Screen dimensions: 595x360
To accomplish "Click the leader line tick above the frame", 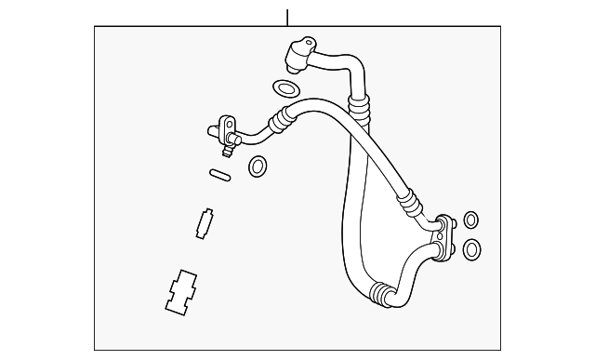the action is [x=287, y=17].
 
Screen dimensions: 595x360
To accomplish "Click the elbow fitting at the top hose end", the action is [x=298, y=51].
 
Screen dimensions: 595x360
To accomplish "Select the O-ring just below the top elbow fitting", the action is [x=285, y=90].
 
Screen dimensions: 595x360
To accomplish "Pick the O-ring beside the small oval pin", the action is [x=258, y=167].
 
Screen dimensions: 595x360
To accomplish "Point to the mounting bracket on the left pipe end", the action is [x=225, y=126].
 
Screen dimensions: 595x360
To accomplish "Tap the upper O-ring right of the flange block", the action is [x=471, y=220].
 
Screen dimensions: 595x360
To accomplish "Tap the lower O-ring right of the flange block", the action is [x=472, y=249].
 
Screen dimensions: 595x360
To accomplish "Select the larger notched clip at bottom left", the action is [x=180, y=290].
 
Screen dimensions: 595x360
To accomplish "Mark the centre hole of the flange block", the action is [x=446, y=233].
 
